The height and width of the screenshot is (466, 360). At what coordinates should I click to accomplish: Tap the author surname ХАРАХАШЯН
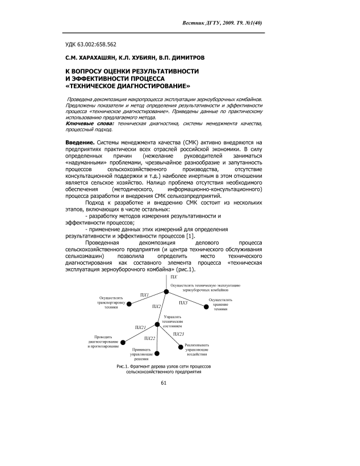(x=93, y=57)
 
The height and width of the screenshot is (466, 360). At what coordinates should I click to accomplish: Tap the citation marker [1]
(x=191, y=235)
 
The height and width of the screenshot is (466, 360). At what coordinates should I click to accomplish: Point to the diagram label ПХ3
(x=183, y=303)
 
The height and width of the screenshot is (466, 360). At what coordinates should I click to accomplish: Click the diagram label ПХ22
(x=150, y=338)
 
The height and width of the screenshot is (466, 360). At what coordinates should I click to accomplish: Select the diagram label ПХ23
(x=178, y=334)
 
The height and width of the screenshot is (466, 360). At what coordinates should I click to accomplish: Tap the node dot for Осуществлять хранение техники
(x=207, y=307)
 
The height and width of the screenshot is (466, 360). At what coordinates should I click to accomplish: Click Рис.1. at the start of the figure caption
(x=124, y=367)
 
